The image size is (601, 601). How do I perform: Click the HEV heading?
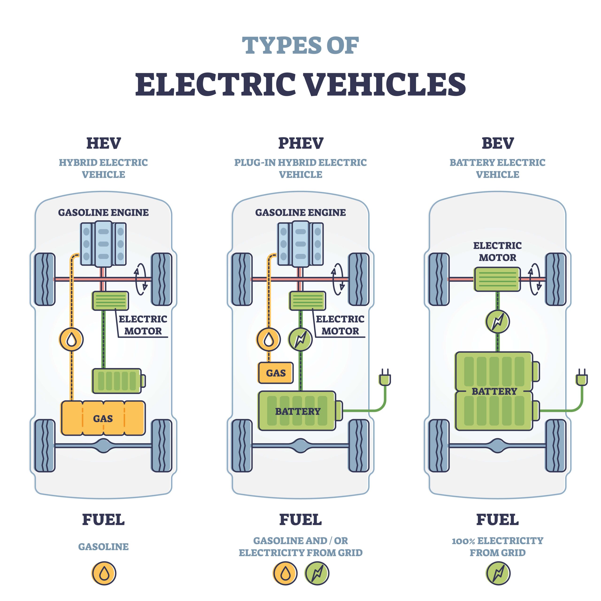104,143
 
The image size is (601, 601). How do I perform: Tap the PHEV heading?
300,143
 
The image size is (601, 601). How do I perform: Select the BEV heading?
498,143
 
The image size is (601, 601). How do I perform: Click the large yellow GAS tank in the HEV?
103,418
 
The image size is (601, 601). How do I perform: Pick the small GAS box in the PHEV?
276,373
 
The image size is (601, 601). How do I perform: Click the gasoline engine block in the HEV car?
103,244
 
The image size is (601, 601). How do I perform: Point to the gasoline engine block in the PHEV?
300,244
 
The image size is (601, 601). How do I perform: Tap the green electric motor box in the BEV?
497,279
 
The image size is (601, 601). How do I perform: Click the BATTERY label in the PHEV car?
298,411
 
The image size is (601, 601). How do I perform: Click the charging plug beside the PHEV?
385,378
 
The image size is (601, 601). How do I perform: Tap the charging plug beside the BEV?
582,378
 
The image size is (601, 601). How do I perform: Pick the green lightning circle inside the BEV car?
497,322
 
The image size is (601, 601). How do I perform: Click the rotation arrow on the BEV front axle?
535,279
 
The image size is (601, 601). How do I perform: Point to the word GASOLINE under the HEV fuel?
103,547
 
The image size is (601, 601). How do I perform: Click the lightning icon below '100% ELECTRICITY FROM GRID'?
498,573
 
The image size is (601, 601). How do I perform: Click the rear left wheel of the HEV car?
45,445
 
